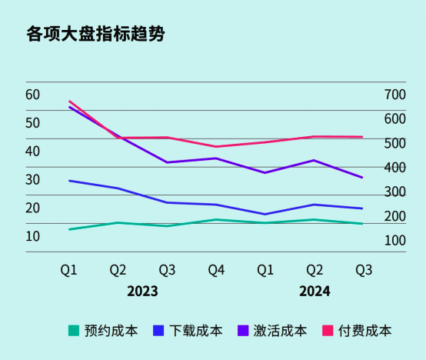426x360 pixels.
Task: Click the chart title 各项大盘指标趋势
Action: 95,35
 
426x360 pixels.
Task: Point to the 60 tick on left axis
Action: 32,95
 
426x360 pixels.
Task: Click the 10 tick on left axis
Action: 32,236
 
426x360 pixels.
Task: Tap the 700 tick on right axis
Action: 394,95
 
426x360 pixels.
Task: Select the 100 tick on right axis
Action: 394,241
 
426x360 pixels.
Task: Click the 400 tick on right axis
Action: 394,168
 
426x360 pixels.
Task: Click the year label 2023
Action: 142,292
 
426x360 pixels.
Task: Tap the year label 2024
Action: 315,292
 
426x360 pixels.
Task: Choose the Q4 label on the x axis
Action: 216,270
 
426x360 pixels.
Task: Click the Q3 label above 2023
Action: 167,270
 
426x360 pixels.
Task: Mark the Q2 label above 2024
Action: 315,270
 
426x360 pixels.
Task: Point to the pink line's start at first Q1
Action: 69,102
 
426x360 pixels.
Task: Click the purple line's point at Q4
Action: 216,158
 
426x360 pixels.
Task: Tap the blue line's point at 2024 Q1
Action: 265,215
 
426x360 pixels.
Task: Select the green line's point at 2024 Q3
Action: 363,224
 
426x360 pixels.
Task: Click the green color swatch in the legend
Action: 74,331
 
